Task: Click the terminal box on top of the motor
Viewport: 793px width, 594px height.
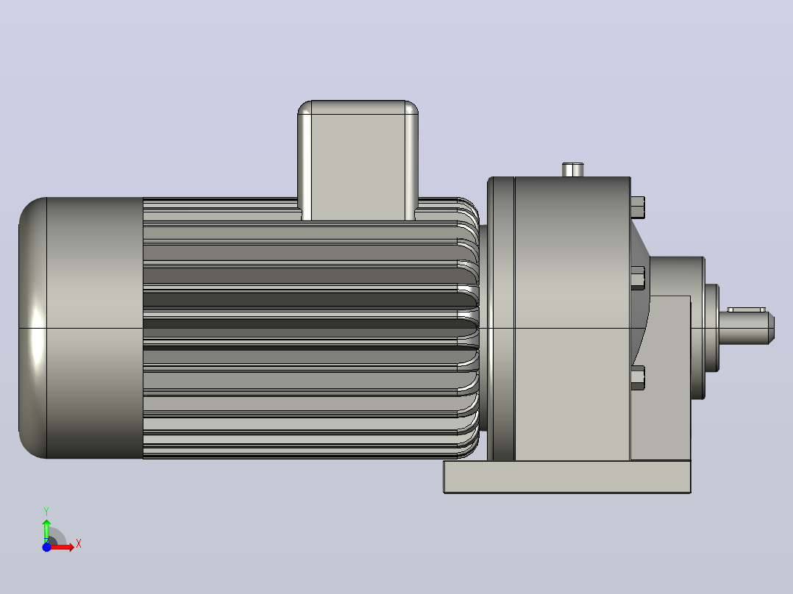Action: click(x=358, y=160)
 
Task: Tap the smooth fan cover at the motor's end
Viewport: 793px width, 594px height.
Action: click(x=81, y=328)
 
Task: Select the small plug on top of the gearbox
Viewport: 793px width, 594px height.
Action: click(x=573, y=169)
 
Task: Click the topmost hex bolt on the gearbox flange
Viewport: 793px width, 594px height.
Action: click(x=638, y=207)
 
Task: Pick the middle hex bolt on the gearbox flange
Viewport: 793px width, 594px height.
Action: click(x=638, y=278)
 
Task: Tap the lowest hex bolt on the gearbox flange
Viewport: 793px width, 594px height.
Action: click(x=638, y=378)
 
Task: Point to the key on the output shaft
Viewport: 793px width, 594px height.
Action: click(x=747, y=309)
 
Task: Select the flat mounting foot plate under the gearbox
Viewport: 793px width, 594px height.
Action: click(x=567, y=476)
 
